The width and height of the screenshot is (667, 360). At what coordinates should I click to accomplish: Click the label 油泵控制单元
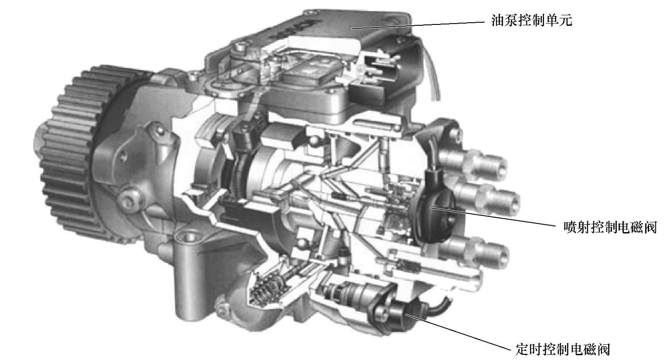(x=531, y=21)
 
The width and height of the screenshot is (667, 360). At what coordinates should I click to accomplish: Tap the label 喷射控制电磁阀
(x=610, y=227)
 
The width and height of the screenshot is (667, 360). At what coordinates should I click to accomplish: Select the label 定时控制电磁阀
(x=562, y=349)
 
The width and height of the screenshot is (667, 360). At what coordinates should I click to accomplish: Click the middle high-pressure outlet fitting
(x=488, y=198)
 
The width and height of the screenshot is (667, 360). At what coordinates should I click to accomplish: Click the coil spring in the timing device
(x=267, y=289)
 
